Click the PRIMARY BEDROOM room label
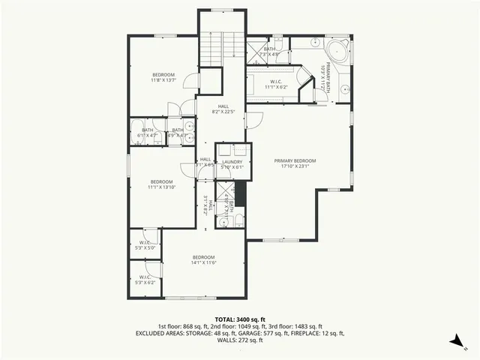(x=295, y=163)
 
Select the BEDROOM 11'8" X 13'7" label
(x=163, y=77)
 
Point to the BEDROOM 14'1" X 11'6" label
(x=203, y=259)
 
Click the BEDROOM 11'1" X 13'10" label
(x=161, y=184)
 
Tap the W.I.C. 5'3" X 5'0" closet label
(x=144, y=244)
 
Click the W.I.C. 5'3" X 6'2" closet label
(x=144, y=280)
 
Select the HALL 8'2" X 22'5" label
(x=223, y=109)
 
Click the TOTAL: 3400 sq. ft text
(x=239, y=319)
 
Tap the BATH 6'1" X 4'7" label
(x=147, y=133)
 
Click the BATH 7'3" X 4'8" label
(x=269, y=52)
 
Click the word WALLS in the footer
(x=226, y=340)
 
